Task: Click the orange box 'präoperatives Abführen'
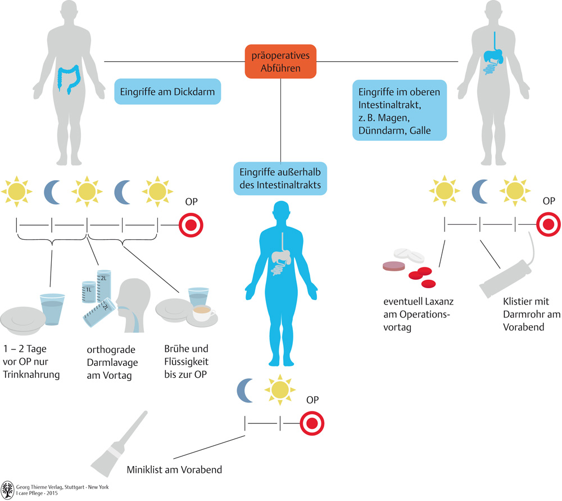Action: coord(280,61)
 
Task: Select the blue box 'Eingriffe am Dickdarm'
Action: coord(167,91)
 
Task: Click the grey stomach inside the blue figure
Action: coord(280,257)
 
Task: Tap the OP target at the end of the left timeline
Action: coord(191,226)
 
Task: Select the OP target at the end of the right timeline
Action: coord(549,226)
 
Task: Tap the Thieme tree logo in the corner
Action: coord(8,489)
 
